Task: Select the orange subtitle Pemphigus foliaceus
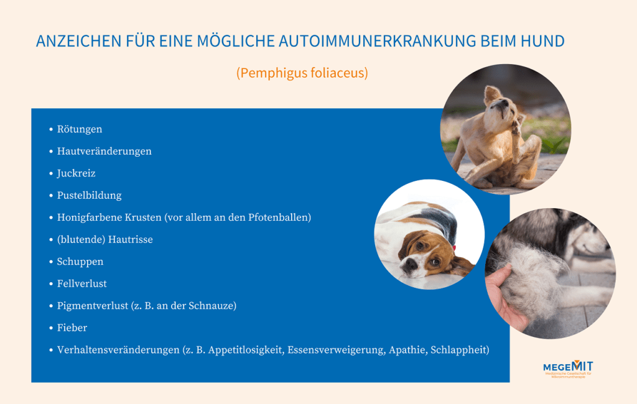(x=302, y=73)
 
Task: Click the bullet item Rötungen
(x=80, y=129)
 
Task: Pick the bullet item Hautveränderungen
(x=104, y=151)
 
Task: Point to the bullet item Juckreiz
(x=76, y=173)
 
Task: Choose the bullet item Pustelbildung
(x=89, y=195)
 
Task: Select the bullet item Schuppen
(x=80, y=262)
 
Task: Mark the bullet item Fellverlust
(x=82, y=283)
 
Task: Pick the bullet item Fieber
(x=72, y=328)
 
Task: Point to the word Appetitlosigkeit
(x=247, y=350)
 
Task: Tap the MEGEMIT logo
(x=568, y=368)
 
